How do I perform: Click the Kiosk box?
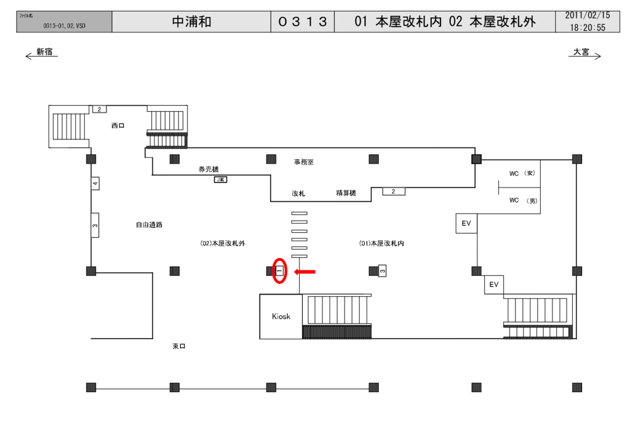281,317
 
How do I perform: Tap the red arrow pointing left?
305,271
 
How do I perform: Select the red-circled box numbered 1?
279,270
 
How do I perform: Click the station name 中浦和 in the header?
191,22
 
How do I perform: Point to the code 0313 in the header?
302,22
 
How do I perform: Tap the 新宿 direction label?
44,52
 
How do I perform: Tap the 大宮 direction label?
581,52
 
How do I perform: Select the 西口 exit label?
118,125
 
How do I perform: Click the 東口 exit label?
178,346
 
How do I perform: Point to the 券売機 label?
208,169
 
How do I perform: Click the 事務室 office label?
303,162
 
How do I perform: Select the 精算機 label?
346,193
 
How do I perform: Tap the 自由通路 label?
149,225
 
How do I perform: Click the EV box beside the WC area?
466,224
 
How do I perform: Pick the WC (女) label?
522,173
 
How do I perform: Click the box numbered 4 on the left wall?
95,183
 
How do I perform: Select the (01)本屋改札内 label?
381,243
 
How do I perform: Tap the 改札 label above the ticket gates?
298,193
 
